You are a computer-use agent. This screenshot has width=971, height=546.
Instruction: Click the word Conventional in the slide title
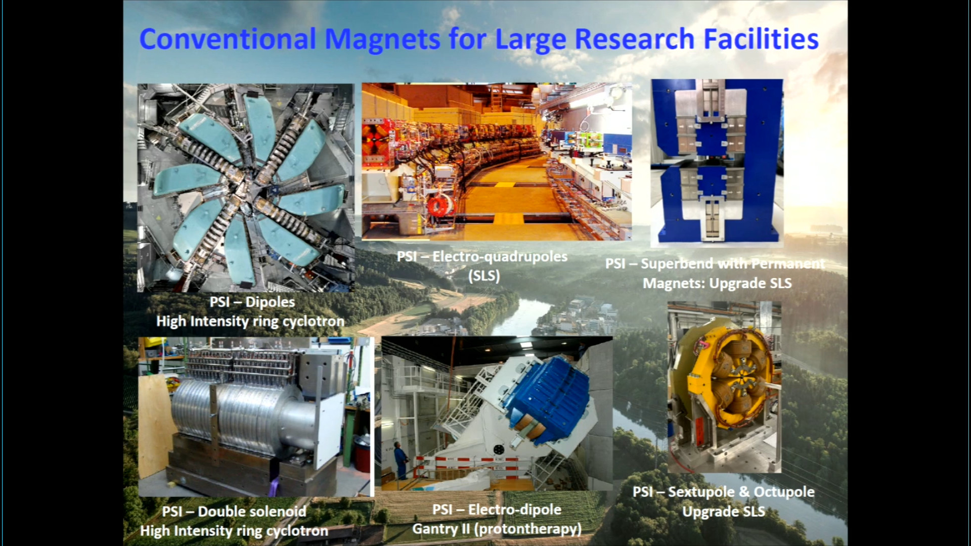(x=228, y=39)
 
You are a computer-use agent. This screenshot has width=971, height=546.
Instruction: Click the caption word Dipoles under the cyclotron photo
(x=270, y=302)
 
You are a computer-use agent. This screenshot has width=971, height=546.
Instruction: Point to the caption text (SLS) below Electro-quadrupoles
(x=484, y=276)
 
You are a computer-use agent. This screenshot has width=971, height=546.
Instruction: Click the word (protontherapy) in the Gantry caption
(x=529, y=529)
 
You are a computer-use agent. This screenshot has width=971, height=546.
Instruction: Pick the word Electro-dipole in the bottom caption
(x=515, y=509)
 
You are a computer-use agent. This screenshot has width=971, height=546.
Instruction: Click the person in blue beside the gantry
(x=400, y=460)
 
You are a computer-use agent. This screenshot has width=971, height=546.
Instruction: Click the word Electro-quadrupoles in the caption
(x=500, y=256)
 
